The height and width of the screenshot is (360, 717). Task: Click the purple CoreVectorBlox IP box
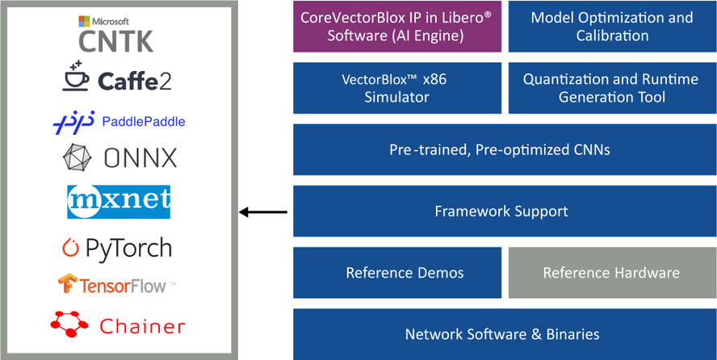[x=398, y=27]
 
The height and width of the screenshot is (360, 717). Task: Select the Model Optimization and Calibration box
[x=612, y=27]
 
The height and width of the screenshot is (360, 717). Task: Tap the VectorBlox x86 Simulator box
[x=398, y=88]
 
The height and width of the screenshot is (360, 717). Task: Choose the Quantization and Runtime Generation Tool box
[x=612, y=88]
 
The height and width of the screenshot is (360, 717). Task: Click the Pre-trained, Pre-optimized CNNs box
[x=505, y=149]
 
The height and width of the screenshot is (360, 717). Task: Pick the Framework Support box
[x=505, y=211]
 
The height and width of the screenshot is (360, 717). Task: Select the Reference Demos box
[x=398, y=272]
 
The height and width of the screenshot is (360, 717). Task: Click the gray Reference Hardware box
[x=612, y=272]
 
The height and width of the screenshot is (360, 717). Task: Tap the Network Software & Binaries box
[x=505, y=333]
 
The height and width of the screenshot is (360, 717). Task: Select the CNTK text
[x=116, y=40]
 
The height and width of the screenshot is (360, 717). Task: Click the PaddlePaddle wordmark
[x=144, y=122]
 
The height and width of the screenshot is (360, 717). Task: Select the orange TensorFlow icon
[x=67, y=284]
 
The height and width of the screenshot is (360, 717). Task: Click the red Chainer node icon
[x=69, y=324]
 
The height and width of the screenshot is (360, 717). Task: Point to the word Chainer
[x=142, y=326]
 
